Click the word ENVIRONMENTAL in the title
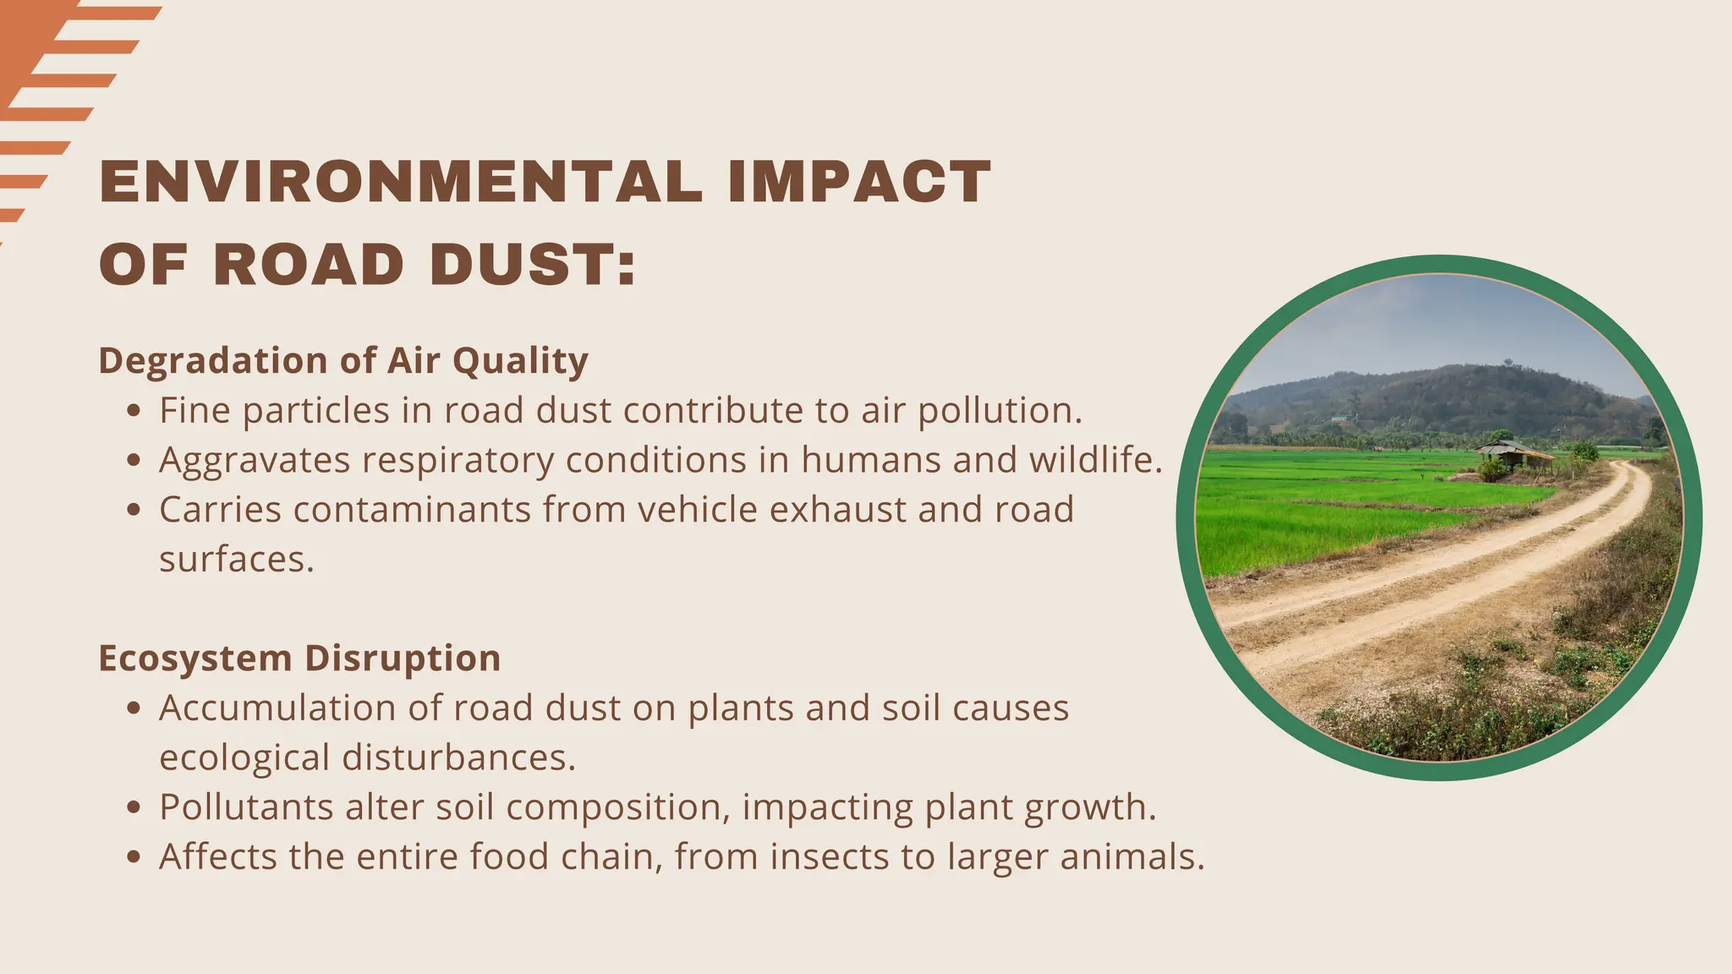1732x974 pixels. tap(400, 182)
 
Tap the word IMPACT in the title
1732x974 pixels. tap(858, 182)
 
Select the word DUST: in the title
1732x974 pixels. tap(532, 265)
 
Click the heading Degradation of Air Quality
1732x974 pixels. tap(343, 361)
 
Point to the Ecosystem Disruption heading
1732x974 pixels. tap(299, 659)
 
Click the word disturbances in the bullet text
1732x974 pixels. tap(458, 758)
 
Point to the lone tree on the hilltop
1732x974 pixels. tap(1508, 363)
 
